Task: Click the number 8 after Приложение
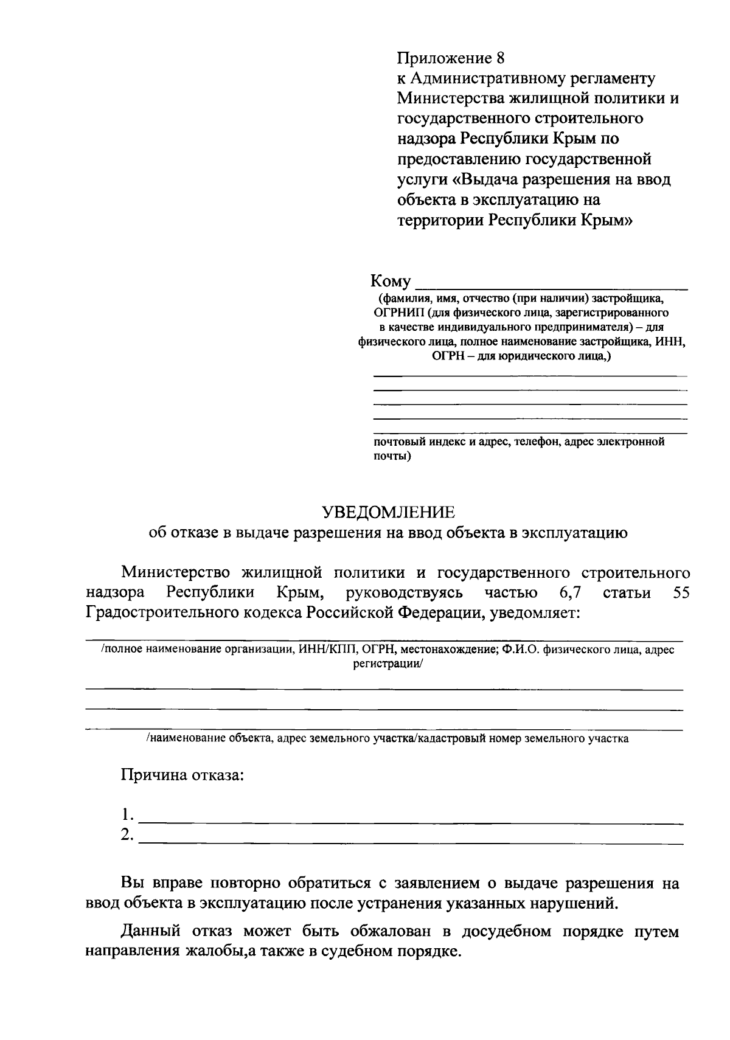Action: [x=500, y=58]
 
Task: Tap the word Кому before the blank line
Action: [x=391, y=281]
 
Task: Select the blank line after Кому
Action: [x=551, y=285]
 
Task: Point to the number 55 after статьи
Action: [x=681, y=593]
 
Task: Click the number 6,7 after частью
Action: [x=568, y=593]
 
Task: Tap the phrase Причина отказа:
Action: [x=182, y=775]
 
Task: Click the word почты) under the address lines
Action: [x=392, y=456]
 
